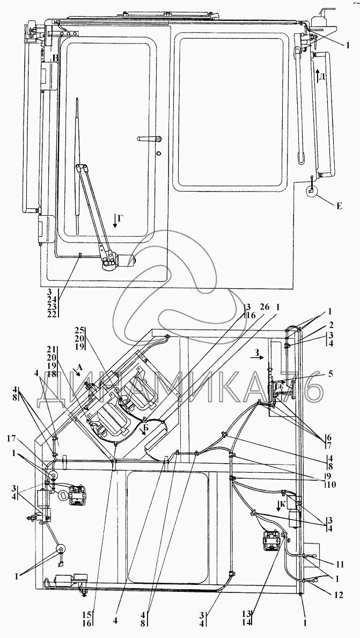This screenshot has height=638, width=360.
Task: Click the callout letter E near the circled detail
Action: [x=339, y=206]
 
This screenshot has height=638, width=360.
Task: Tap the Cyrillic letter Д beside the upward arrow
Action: [x=322, y=77]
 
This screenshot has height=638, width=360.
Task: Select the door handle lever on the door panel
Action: [x=150, y=139]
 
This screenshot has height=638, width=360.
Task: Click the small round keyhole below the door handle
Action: [x=158, y=153]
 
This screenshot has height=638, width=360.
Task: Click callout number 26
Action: [x=265, y=307]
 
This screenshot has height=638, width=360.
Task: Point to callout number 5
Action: [x=330, y=373]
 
